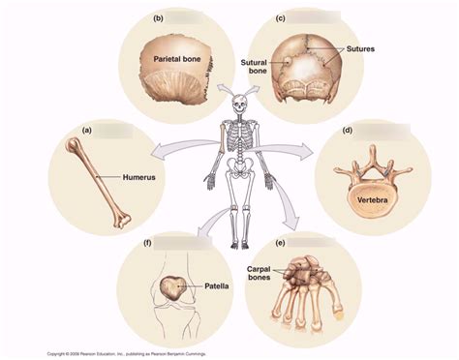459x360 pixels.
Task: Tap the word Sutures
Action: point(358,46)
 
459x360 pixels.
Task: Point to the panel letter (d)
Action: point(347,131)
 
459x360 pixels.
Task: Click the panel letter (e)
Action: point(281,242)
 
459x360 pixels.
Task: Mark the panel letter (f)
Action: point(146,242)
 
